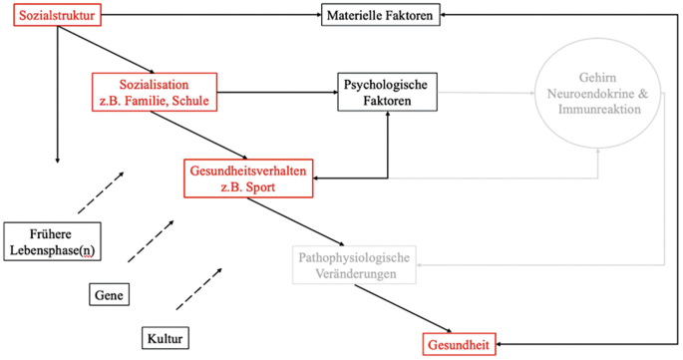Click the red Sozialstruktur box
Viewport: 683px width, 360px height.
point(59,15)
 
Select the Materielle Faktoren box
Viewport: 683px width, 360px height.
point(380,15)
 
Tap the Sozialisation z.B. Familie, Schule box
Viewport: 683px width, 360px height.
point(155,91)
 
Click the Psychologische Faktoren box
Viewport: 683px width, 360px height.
point(385,94)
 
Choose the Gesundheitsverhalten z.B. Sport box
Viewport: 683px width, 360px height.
point(248,178)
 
